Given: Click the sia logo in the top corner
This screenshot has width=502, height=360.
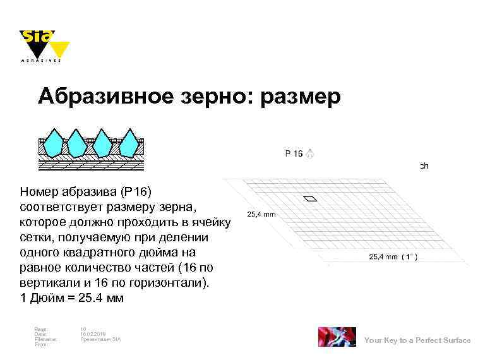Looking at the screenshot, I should pyautogui.click(x=43, y=44).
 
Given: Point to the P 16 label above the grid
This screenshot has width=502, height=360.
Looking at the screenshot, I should pyautogui.click(x=294, y=153).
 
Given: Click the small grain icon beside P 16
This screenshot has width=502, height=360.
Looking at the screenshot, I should pyautogui.click(x=311, y=153).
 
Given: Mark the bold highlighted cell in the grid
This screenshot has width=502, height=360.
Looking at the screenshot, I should pyautogui.click(x=310, y=199).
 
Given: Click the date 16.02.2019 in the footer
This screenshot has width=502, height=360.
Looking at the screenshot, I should pyautogui.click(x=93, y=334).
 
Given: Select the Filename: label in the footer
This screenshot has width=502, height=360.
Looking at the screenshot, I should pyautogui.click(x=45, y=339).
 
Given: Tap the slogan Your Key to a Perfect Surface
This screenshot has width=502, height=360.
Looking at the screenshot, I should pyautogui.click(x=417, y=340).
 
